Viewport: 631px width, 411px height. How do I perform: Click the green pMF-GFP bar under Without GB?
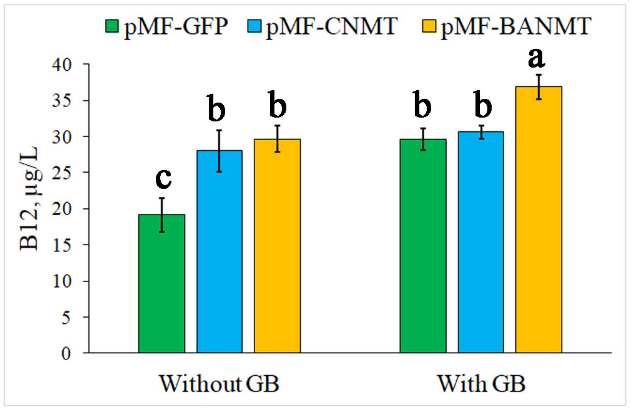point(162,284)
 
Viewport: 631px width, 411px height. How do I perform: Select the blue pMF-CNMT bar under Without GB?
point(219,252)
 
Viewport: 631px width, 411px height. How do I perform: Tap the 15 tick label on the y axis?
point(62,246)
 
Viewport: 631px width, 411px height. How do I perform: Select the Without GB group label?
point(219,384)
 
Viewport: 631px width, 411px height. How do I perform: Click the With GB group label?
point(481,384)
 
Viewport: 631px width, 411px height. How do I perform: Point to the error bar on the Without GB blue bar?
point(219,151)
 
